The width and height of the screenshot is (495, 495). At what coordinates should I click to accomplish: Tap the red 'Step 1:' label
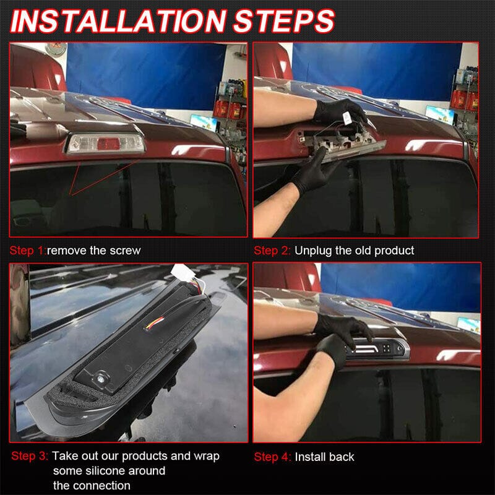(28, 251)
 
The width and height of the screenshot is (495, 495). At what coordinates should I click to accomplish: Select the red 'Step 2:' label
(272, 251)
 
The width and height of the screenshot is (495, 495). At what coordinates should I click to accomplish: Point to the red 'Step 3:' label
(29, 456)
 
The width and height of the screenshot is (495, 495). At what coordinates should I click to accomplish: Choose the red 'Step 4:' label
(272, 457)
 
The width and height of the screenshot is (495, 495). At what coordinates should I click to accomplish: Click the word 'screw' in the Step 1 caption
(126, 251)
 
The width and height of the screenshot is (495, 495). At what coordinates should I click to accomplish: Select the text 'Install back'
(324, 457)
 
